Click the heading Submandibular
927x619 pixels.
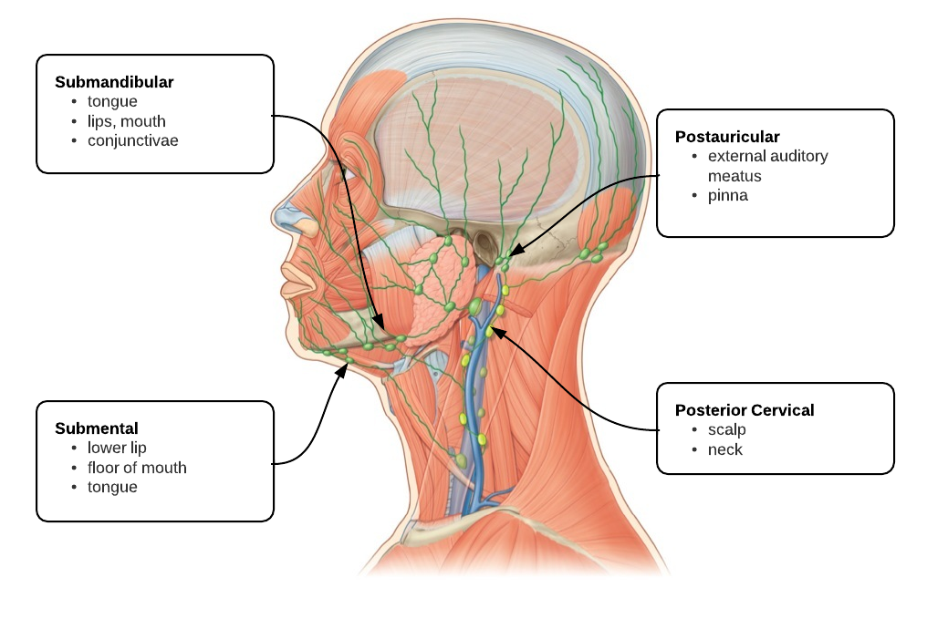click(x=114, y=82)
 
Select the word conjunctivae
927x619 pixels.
click(x=133, y=140)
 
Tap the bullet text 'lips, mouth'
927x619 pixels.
click(x=127, y=121)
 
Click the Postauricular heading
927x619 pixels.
click(x=727, y=137)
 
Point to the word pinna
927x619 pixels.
click(x=728, y=195)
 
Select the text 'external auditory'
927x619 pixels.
click(x=768, y=156)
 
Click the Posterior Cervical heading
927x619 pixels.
click(x=745, y=410)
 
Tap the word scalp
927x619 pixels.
click(x=727, y=430)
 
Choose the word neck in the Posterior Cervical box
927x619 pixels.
click(x=724, y=449)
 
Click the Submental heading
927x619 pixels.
click(x=97, y=428)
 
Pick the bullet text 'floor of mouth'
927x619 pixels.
click(x=137, y=468)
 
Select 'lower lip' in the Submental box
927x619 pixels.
click(x=117, y=448)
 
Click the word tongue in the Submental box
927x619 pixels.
click(x=112, y=488)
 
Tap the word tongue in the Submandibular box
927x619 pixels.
click(x=112, y=101)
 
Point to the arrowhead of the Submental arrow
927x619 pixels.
click(x=342, y=371)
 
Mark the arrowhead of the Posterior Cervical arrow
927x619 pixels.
click(x=498, y=333)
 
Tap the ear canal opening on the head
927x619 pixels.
click(x=484, y=243)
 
